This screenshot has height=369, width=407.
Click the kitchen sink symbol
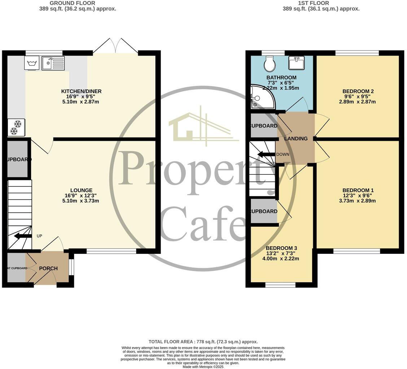pos(53,63)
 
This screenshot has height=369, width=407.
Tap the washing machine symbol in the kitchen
pos(31,63)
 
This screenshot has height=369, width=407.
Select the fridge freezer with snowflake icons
pos(16,127)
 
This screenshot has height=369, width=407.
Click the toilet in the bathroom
pos(270,64)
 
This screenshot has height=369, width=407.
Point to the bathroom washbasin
pos(296,63)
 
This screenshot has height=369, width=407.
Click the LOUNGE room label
pos(81,190)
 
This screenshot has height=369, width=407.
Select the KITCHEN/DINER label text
pos(81,91)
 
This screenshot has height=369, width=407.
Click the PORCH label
pos(48,268)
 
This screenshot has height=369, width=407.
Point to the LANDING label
pos(296,139)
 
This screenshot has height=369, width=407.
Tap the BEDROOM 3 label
pos(281,248)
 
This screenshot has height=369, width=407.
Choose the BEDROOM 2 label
pos(358,91)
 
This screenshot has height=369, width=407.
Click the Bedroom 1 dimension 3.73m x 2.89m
pos(358,201)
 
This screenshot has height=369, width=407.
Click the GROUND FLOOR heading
pos(78,3)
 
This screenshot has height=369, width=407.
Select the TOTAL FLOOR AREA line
pos(203,342)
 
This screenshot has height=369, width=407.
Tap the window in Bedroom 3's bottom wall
pos(280,285)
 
